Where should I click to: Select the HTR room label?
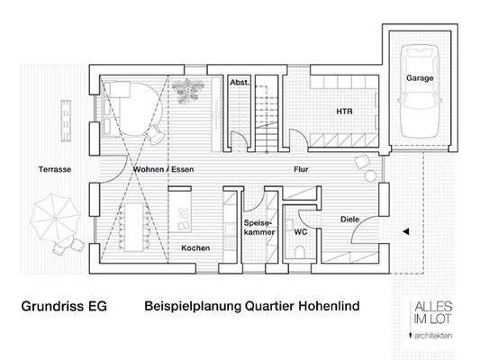tap(344, 112)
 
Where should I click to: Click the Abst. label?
tap(240, 82)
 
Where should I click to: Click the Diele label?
tap(349, 219)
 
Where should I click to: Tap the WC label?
tap(301, 230)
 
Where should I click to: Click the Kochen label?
tap(195, 247)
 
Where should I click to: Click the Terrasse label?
tap(55, 168)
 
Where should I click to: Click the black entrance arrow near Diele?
tap(405, 231)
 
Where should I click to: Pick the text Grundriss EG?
tap(63, 306)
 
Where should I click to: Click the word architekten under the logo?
tap(432, 335)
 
